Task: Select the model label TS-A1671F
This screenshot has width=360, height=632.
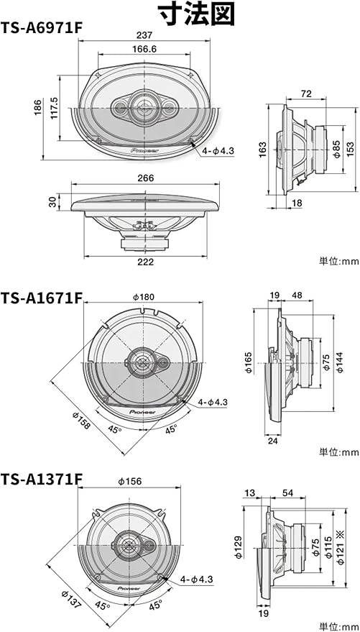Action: pos(42,298)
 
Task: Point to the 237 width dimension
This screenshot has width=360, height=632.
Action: pos(144,35)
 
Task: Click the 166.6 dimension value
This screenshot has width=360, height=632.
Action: pos(144,49)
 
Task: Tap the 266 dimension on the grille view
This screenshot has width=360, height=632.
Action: pos(145,178)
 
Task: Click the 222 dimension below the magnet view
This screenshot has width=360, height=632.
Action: pos(146,262)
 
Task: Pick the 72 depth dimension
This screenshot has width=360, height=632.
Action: pos(306,94)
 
